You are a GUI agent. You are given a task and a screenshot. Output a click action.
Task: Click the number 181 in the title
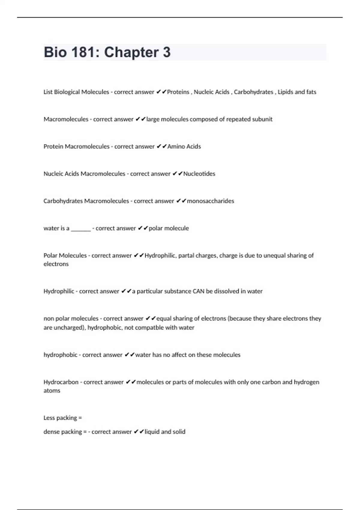pyautogui.click(x=83, y=52)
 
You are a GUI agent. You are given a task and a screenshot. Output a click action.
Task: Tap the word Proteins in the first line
pyautogui.click(x=178, y=92)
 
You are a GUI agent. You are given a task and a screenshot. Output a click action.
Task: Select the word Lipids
pyautogui.click(x=285, y=92)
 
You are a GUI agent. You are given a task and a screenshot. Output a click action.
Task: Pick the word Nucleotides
pyautogui.click(x=199, y=174)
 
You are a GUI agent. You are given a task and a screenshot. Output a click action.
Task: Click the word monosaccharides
pyautogui.click(x=210, y=201)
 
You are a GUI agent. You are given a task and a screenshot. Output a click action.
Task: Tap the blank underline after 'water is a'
pyautogui.click(x=81, y=229)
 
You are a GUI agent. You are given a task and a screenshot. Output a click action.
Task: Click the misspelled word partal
pyautogui.click(x=186, y=256)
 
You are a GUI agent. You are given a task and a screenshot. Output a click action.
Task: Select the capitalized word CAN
pyautogui.click(x=198, y=291)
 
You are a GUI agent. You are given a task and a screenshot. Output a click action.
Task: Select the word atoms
pyautogui.click(x=52, y=391)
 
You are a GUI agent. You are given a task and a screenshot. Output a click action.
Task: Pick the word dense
pyautogui.click(x=52, y=432)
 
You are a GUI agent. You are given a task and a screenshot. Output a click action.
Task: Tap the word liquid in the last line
pyautogui.click(x=152, y=432)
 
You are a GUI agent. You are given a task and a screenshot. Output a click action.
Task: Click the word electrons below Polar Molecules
pyautogui.click(x=56, y=264)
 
